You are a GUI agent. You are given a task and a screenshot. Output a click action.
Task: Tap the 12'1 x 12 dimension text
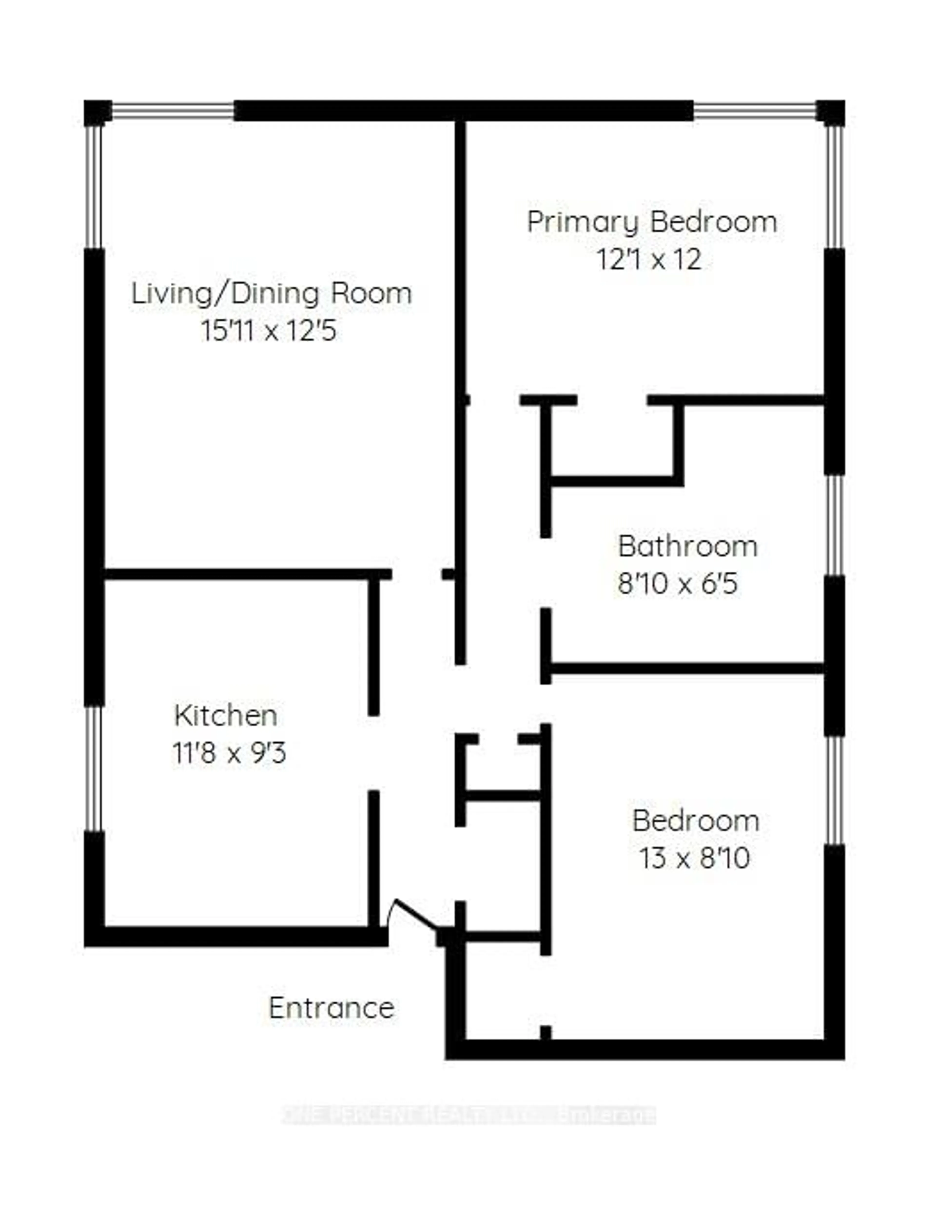pos(649,260)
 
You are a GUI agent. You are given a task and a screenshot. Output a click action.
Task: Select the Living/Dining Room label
pos(271,293)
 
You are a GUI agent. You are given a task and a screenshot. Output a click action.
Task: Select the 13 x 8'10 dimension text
pos(694,858)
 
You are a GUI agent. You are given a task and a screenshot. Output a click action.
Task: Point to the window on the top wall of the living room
pos(173,111)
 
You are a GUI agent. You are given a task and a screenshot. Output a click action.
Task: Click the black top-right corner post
pos(830,113)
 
